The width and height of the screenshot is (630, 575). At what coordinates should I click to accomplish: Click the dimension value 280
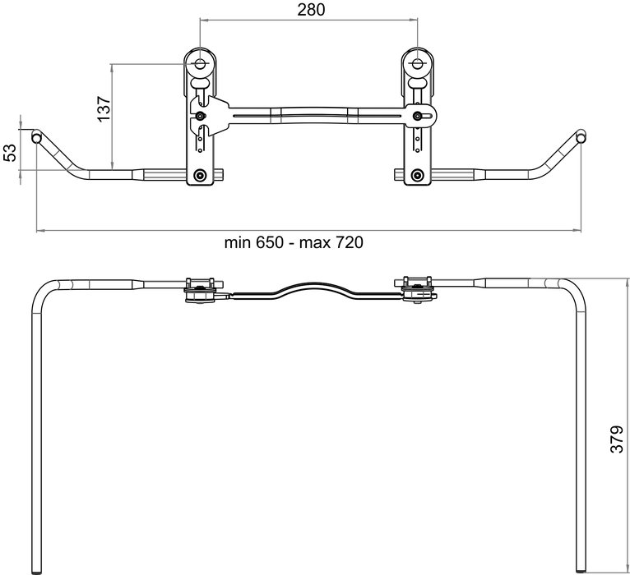[310, 10]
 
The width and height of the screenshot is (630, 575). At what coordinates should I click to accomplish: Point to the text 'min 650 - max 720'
[294, 242]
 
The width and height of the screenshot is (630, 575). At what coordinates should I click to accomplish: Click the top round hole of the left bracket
[200, 64]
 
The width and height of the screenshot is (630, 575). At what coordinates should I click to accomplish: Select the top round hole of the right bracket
[418, 64]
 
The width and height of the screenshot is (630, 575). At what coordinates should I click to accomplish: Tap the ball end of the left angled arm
[36, 136]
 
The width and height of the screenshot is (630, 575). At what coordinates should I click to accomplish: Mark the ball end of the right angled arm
[581, 136]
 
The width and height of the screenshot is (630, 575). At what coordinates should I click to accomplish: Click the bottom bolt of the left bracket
[200, 175]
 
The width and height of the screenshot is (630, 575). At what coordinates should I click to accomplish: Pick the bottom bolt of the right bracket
[418, 175]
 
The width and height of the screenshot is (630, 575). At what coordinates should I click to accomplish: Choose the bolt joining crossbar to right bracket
[418, 116]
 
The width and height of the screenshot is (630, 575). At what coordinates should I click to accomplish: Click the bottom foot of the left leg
[37, 569]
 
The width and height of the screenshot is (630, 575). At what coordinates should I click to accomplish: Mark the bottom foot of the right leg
[582, 569]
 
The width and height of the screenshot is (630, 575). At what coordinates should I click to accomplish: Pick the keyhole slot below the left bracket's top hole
[200, 81]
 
